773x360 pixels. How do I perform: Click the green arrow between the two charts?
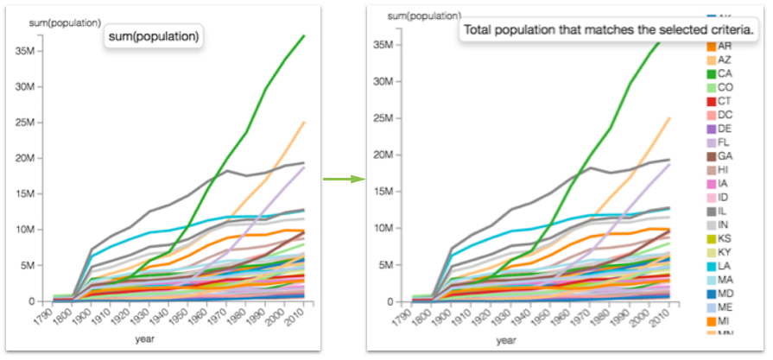click(344, 180)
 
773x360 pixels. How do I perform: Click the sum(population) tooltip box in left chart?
click(154, 37)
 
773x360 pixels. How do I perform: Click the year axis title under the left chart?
click(145, 339)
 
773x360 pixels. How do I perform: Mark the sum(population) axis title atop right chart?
click(419, 16)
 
